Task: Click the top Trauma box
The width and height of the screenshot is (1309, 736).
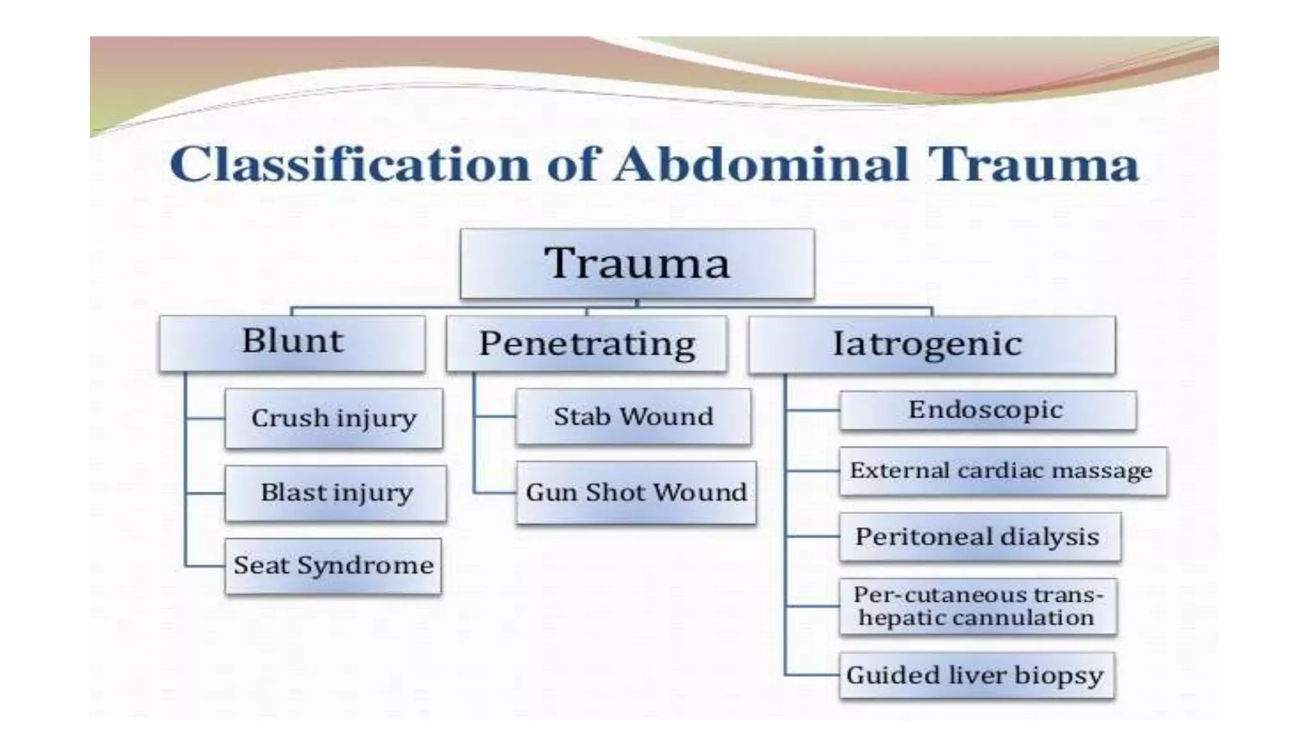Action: (x=637, y=263)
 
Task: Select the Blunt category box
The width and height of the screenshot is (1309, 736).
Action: (x=292, y=342)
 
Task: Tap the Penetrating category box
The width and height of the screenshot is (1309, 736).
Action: (x=586, y=344)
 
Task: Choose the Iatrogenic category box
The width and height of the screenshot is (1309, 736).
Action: (x=931, y=344)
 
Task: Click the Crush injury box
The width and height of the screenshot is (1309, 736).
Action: (x=334, y=418)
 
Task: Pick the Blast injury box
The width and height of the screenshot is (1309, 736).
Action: (x=336, y=493)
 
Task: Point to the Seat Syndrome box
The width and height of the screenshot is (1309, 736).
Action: (x=333, y=566)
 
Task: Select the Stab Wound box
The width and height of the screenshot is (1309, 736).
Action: (x=633, y=417)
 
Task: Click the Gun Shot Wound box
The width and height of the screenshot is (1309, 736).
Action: (x=635, y=493)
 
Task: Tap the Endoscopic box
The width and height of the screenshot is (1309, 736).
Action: (x=987, y=410)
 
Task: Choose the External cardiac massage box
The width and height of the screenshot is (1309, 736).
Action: (x=1002, y=471)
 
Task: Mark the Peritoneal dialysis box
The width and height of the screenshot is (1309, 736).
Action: (x=979, y=537)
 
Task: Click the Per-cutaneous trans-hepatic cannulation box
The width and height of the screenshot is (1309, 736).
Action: (x=977, y=606)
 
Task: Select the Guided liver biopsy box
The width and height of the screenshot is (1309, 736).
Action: (x=975, y=675)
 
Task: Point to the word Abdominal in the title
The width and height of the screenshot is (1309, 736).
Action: (x=761, y=165)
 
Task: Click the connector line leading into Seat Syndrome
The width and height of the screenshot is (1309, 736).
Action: (x=205, y=566)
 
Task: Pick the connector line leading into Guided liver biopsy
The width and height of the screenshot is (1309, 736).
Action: (x=812, y=675)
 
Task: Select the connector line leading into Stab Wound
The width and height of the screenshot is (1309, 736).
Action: (x=495, y=417)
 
